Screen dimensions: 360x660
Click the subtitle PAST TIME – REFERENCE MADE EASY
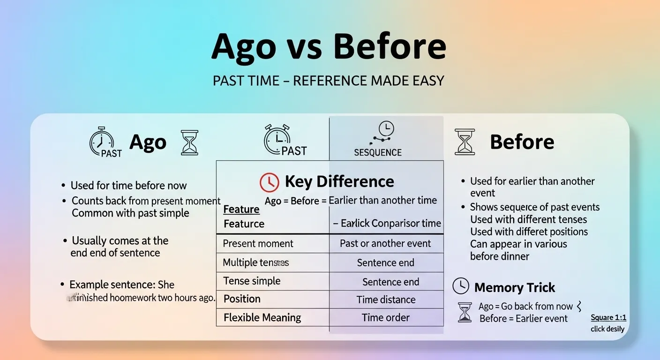click(x=328, y=81)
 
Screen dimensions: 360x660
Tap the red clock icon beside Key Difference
click(x=270, y=182)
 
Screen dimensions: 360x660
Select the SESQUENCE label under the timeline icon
click(x=378, y=153)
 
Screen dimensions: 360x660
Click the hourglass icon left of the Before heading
click(x=465, y=142)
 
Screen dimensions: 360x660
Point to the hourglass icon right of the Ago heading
click(x=190, y=142)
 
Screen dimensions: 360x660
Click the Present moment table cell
click(x=258, y=244)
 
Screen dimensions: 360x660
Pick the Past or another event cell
click(x=385, y=244)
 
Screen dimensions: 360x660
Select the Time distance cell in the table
click(x=386, y=300)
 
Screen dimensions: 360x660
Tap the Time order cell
click(x=386, y=318)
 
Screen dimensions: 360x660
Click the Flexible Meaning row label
click(x=262, y=318)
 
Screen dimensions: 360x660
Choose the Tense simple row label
click(x=252, y=281)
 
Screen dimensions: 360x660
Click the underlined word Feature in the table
click(x=241, y=210)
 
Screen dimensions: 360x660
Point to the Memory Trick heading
click(x=514, y=287)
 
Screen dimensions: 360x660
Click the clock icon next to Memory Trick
click(x=461, y=285)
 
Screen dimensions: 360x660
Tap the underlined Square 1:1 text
click(x=608, y=318)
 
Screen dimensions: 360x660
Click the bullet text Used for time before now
click(x=128, y=186)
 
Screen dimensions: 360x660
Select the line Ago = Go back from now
click(x=525, y=307)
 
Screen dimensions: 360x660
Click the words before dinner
click(x=500, y=256)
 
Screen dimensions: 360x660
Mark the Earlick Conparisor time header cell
click(x=387, y=224)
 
